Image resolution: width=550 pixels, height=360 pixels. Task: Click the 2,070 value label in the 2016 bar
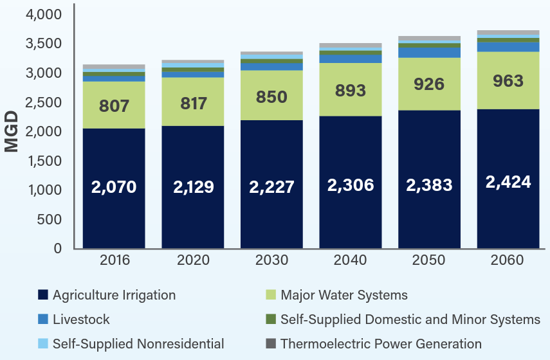114,187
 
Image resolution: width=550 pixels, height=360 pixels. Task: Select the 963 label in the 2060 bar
508,81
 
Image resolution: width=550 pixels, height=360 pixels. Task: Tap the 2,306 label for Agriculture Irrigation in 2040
351,185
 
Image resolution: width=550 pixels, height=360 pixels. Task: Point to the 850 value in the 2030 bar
271,97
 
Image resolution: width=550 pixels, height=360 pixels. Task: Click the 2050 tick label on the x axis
429,260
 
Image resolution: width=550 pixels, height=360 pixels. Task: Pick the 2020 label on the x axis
193,260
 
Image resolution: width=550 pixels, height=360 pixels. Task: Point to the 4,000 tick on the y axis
44,15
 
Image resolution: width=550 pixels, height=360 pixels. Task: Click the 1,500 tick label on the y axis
44,161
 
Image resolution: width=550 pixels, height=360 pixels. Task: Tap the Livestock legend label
81,319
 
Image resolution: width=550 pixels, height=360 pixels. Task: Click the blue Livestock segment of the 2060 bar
508,47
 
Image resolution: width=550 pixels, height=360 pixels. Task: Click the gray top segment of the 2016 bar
114,66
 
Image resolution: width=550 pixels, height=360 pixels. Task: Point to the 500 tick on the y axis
50,220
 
